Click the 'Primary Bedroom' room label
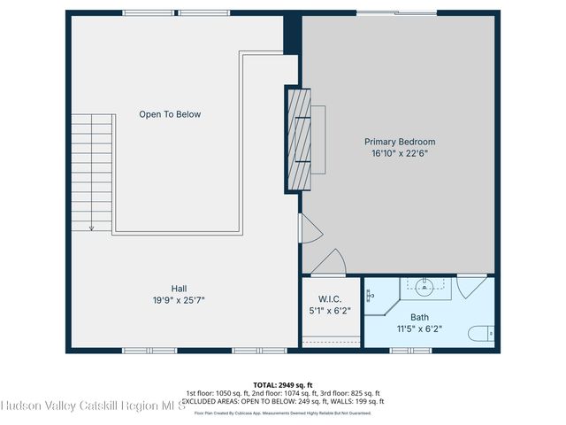400,142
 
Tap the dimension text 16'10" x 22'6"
400,153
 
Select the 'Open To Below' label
170,114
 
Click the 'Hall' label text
179,288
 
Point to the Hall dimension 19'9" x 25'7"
179,300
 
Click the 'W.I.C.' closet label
330,299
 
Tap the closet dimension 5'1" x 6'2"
330,311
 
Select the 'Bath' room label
419,317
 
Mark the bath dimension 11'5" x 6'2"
419,328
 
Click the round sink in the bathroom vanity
426,285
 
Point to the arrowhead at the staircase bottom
91,228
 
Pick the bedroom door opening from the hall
309,229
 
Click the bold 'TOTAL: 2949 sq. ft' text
283,384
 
